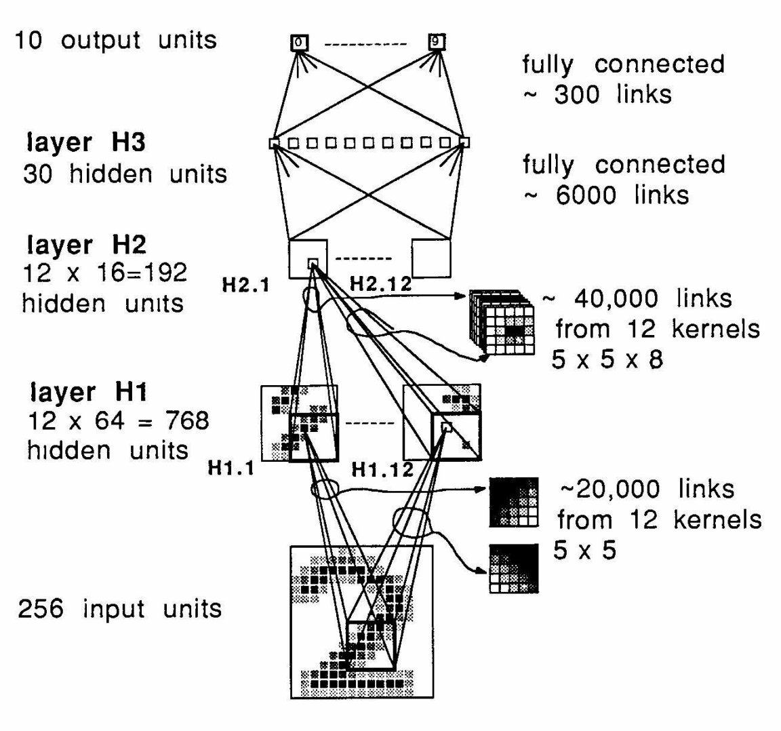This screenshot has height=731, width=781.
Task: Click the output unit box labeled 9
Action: tap(437, 42)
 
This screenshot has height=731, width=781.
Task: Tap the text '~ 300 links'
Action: tap(597, 94)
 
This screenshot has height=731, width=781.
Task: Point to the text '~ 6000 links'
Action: tap(605, 195)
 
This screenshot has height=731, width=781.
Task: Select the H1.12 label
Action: tap(382, 469)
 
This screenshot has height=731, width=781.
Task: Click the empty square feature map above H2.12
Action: tap(431, 258)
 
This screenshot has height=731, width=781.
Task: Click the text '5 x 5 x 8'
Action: tap(607, 359)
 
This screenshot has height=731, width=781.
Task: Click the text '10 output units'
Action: tap(116, 40)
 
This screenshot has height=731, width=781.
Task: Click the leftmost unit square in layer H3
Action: tap(274, 143)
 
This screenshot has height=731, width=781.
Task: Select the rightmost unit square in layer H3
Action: tap(464, 142)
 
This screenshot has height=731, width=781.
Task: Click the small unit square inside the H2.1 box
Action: tap(313, 262)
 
